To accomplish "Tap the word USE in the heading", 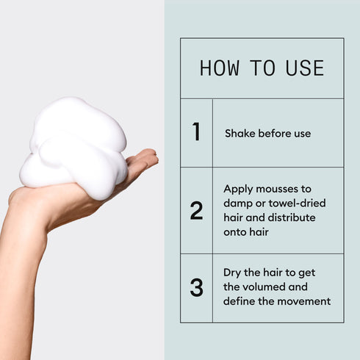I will coord(306,68).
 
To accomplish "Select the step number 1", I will coord(196,132).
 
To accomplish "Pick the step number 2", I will coord(196,211).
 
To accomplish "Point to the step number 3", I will coord(196,287).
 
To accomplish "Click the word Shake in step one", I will coord(240,134).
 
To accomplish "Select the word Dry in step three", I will coord(232,273).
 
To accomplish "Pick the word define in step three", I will coord(240,301).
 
